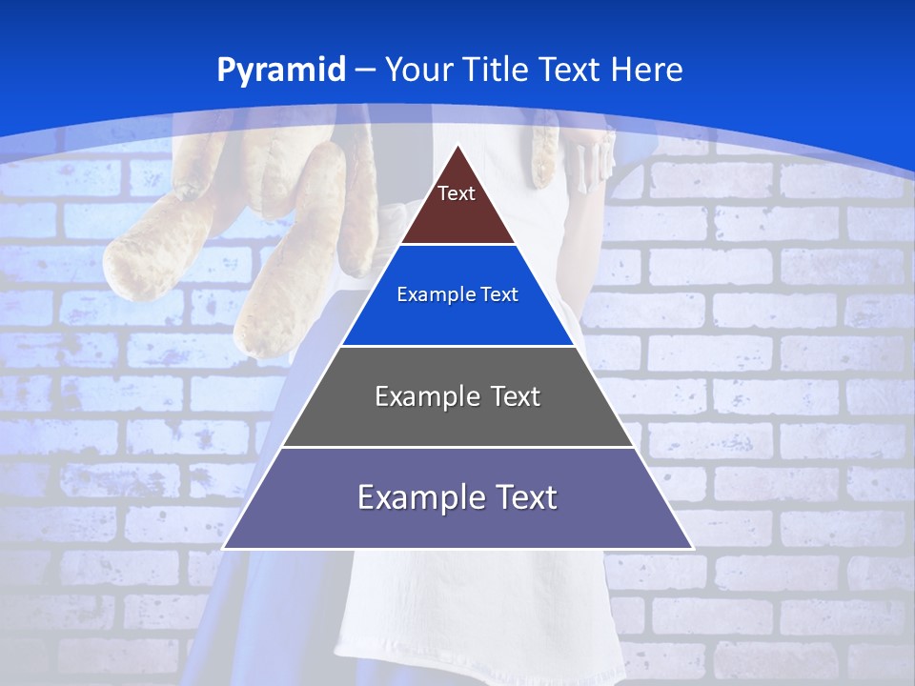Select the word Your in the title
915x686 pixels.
pos(419,71)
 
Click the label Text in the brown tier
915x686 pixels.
pos(457,193)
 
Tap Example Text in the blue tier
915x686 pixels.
pos(457,294)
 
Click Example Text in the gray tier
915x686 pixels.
pos(457,396)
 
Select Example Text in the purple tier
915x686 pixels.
pos(457,497)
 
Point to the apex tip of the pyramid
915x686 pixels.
pos(458,147)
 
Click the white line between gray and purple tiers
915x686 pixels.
pos(457,447)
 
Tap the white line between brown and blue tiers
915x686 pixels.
pos(457,245)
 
